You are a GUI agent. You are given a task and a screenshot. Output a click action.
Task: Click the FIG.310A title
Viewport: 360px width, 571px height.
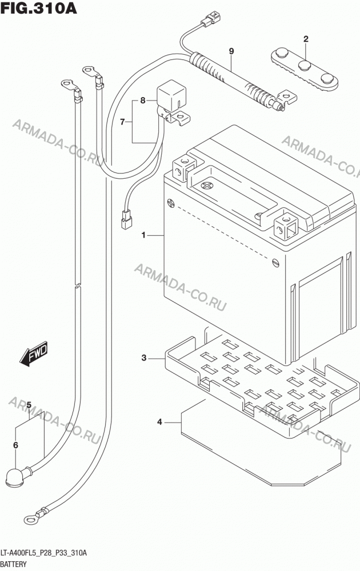(x=38, y=9)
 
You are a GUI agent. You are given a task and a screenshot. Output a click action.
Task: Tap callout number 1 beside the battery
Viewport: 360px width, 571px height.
(x=143, y=235)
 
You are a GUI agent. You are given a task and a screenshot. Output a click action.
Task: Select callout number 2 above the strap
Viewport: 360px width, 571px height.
(x=306, y=39)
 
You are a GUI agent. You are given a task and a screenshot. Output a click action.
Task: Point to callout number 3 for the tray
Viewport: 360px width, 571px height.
(x=144, y=358)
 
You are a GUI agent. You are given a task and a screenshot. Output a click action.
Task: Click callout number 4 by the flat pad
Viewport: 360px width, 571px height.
(x=159, y=422)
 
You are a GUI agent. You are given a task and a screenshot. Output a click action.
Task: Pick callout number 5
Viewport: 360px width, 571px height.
(x=29, y=405)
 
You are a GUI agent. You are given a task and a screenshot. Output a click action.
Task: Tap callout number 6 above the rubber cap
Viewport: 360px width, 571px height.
(x=15, y=445)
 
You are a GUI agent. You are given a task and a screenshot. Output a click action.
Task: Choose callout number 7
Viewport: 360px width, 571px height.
(x=123, y=122)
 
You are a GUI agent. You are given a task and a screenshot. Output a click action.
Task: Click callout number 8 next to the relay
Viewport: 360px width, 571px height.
(x=143, y=100)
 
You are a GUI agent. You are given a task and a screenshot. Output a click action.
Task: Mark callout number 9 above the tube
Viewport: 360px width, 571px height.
(x=231, y=51)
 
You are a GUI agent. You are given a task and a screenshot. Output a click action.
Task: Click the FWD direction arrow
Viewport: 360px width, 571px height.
(x=34, y=353)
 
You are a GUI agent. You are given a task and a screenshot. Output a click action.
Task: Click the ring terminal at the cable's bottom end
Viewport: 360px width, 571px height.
(x=31, y=519)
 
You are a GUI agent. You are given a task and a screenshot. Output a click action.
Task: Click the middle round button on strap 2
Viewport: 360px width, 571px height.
(x=304, y=66)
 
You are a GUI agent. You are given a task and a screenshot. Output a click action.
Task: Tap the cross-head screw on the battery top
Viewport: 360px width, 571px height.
(x=207, y=186)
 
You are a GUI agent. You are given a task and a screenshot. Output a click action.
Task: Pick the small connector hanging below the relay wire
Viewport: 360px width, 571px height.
(x=126, y=220)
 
